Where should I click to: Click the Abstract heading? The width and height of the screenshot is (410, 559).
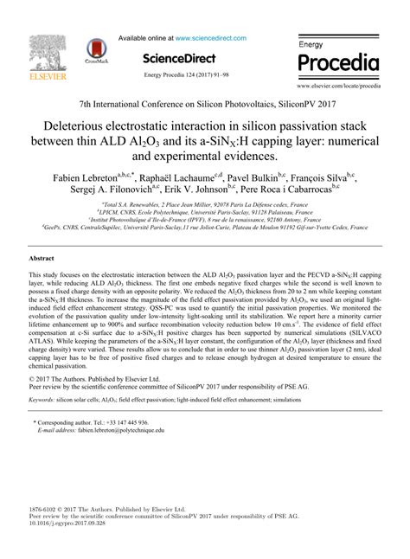tap(42, 259)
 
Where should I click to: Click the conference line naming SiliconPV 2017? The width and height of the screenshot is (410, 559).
tap(204, 102)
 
